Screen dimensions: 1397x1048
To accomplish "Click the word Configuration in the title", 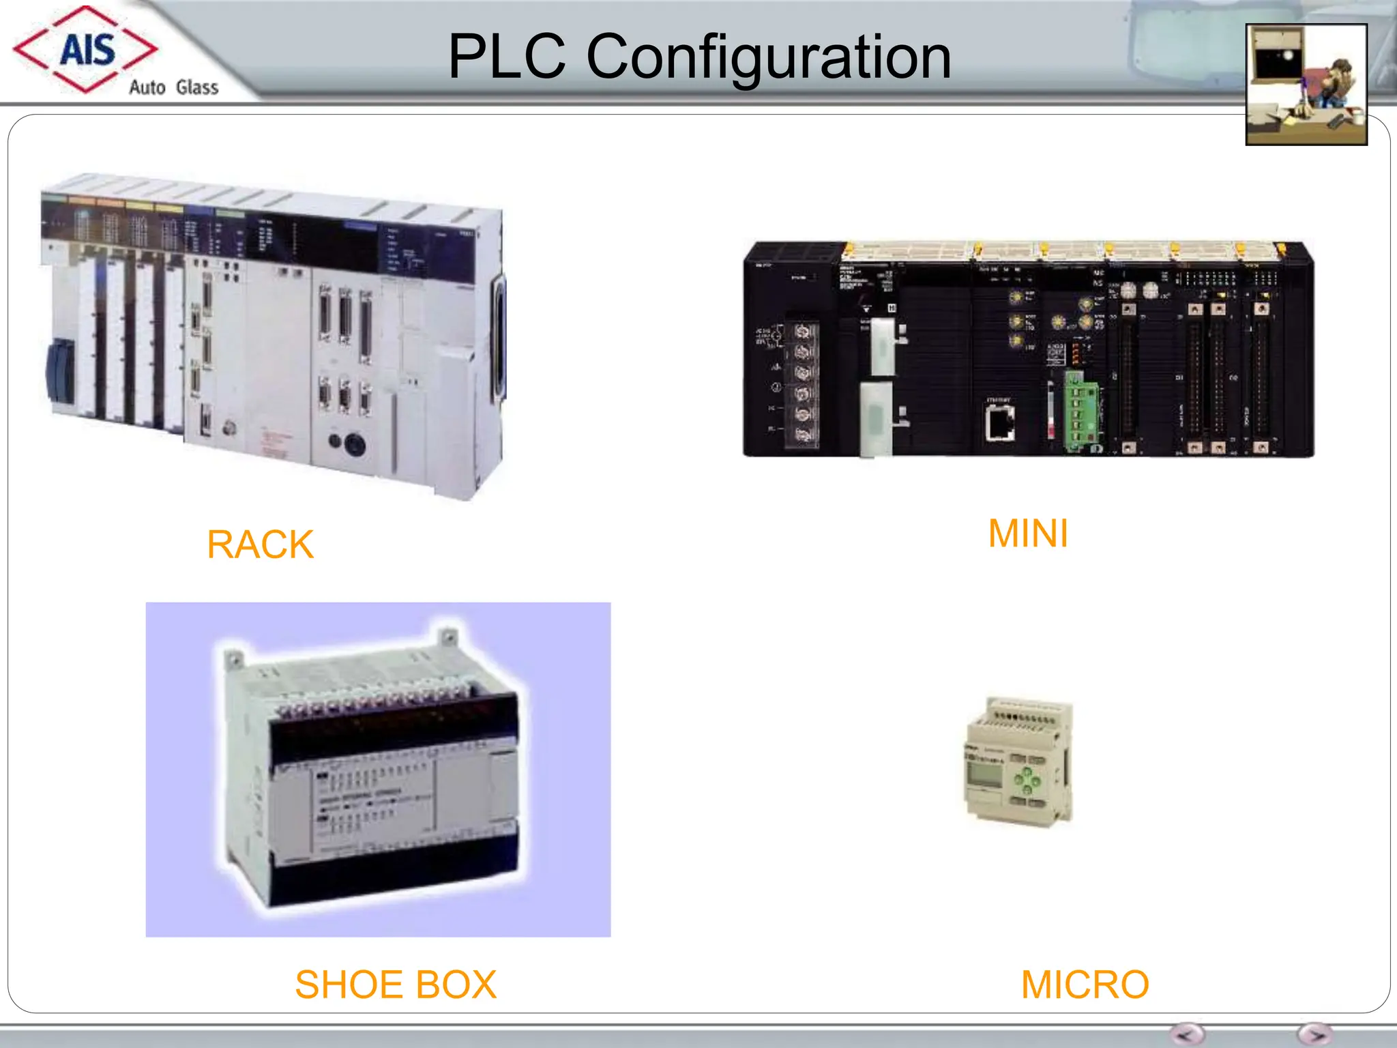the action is (768, 57).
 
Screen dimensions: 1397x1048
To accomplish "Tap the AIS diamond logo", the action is (85, 49).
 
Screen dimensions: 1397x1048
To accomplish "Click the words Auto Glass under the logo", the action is (173, 87).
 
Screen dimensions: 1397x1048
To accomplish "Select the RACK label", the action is (260, 544).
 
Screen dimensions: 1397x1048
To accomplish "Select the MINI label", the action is (1028, 534).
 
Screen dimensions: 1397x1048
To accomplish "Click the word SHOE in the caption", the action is (339, 985).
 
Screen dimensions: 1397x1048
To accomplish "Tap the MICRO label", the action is (1085, 985).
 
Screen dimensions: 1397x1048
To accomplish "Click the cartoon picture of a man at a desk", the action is (1306, 85).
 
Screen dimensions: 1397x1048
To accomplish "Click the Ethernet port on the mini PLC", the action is (1000, 422).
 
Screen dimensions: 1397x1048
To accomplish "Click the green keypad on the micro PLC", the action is (1027, 781).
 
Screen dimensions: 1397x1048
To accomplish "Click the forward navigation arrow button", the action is (1314, 1034).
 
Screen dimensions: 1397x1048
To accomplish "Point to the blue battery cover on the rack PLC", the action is (60, 373).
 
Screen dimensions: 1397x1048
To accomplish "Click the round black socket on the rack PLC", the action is (355, 444).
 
